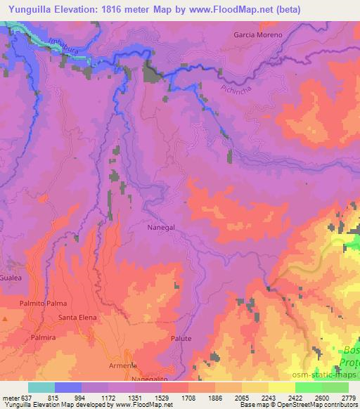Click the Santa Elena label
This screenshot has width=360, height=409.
(x=77, y=318)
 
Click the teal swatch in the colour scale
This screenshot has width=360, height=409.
(x=41, y=387)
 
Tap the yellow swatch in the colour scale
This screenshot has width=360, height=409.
(x=282, y=387)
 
